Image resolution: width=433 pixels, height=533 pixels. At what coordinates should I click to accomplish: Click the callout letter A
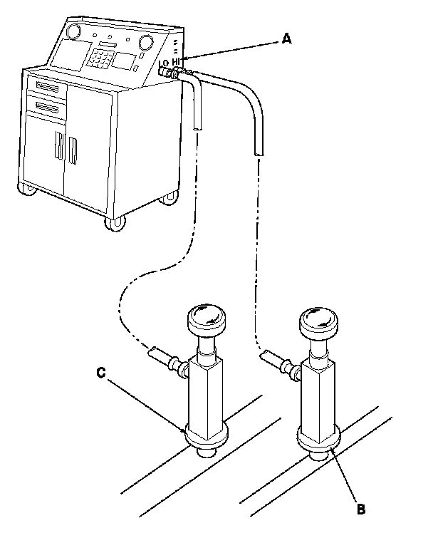[286, 40]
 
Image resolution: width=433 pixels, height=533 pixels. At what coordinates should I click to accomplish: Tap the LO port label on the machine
[163, 63]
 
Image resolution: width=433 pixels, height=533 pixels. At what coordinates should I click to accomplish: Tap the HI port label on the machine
[176, 61]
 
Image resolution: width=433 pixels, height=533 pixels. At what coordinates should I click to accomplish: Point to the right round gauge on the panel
[146, 41]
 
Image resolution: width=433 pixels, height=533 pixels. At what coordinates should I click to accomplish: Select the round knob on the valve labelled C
[204, 316]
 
